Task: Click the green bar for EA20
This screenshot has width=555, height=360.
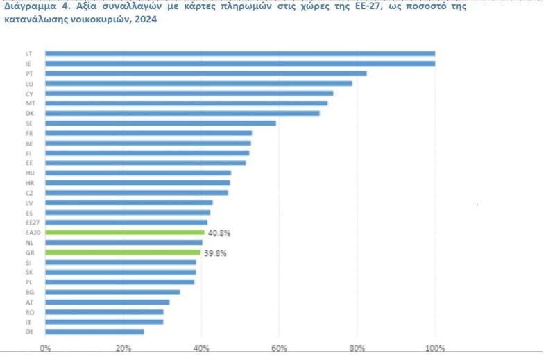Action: pos(125,232)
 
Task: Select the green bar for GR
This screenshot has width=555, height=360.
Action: pos(123,252)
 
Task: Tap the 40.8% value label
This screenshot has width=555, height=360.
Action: pos(219,233)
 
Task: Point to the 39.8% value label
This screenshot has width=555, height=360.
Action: pos(216,253)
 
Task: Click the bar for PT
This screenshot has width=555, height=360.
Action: pos(206,74)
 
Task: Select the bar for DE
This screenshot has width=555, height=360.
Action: pos(95,332)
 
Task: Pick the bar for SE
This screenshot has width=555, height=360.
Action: pos(161,123)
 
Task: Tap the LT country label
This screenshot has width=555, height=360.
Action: pos(28,53)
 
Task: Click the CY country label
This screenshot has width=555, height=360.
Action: pos(29,93)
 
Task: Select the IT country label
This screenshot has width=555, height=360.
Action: pos(28,322)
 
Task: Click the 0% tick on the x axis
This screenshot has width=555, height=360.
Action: pos(45,348)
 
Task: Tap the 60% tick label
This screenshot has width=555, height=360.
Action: pos(279,348)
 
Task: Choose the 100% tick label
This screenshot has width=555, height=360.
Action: pos(434,348)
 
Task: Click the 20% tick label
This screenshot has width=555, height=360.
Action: pos(123,348)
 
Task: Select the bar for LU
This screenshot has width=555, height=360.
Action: pos(198,83)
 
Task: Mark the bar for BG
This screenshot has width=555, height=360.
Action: pos(113,292)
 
